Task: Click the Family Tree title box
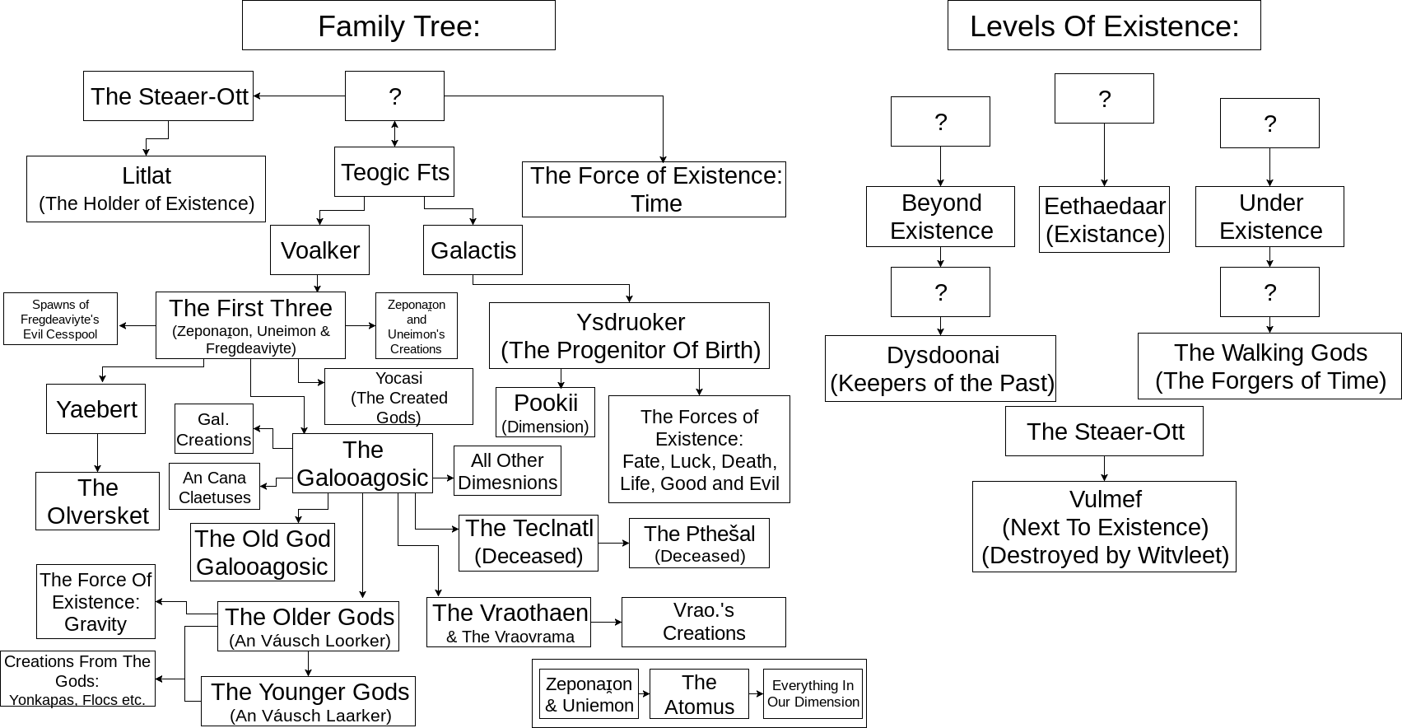click(x=398, y=26)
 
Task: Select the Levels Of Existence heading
click(x=1104, y=26)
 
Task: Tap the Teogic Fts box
click(x=394, y=171)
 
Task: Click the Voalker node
click(x=319, y=250)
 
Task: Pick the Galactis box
click(x=473, y=250)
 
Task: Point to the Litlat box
click(x=146, y=189)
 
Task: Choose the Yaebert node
click(x=95, y=408)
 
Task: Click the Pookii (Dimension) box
click(x=545, y=412)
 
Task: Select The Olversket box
click(x=97, y=501)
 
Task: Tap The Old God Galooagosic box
click(x=263, y=552)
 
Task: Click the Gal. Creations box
click(x=213, y=429)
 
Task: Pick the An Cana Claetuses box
click(x=214, y=487)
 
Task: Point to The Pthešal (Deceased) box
click(x=699, y=543)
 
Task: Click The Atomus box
click(x=699, y=693)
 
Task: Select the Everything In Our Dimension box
click(x=813, y=693)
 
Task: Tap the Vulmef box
click(x=1104, y=526)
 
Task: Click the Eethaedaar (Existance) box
click(x=1104, y=219)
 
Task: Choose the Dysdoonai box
click(x=940, y=368)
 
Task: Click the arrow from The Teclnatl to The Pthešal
click(x=613, y=544)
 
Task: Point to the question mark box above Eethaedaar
click(x=1104, y=98)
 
